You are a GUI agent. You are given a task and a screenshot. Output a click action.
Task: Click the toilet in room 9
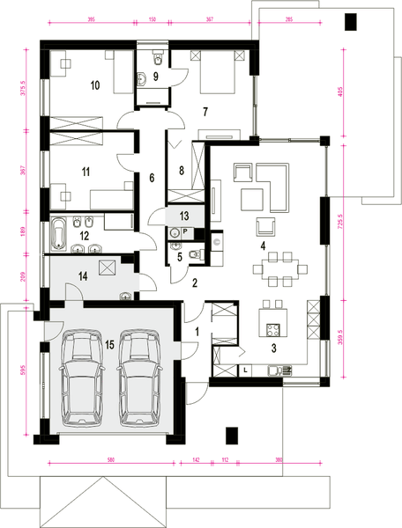point(157,58)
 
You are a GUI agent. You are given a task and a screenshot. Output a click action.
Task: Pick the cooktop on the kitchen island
point(272,332)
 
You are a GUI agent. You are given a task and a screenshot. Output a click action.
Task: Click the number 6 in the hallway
point(152,178)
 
